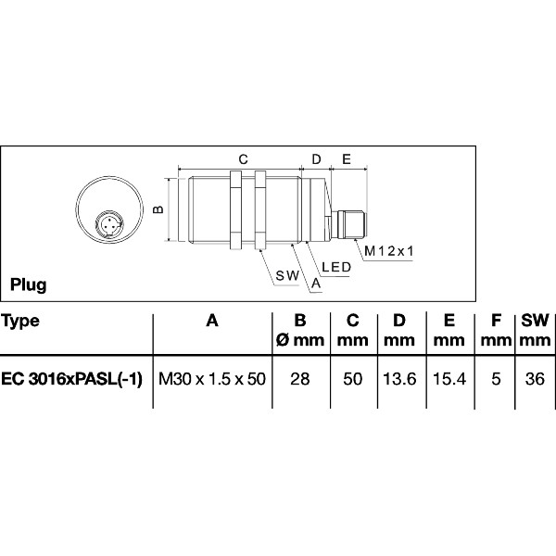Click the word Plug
point(29,284)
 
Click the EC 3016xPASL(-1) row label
point(71,378)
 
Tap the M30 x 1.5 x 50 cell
point(212,378)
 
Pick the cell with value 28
point(299,378)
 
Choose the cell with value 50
point(352,378)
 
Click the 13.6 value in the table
point(399,378)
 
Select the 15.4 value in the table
point(449,378)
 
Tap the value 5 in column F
point(496,378)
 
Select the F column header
point(496,322)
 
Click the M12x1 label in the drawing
point(388,251)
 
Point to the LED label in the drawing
point(334,267)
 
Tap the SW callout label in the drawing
point(286,276)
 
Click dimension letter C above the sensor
point(243,159)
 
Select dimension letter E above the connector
point(347,159)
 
